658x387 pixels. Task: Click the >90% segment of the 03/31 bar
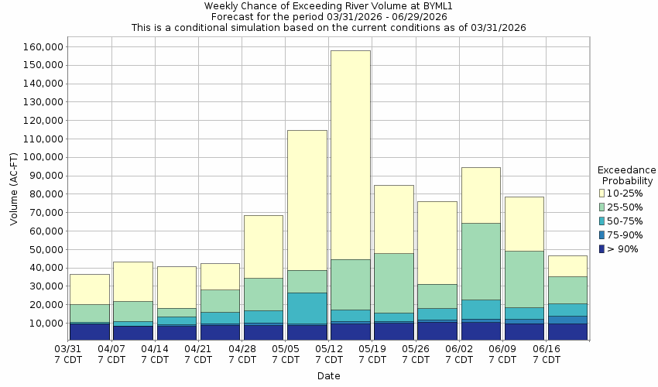89,331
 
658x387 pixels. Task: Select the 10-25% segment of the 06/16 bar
567,265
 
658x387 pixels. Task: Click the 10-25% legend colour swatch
602,193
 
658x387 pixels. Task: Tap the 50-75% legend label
624,221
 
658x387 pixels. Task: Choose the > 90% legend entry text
624,248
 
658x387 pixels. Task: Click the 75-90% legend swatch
602,235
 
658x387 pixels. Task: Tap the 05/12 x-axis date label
329,354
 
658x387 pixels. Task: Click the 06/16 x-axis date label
547,354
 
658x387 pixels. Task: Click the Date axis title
328,376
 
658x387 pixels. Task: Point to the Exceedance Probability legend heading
627,175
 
